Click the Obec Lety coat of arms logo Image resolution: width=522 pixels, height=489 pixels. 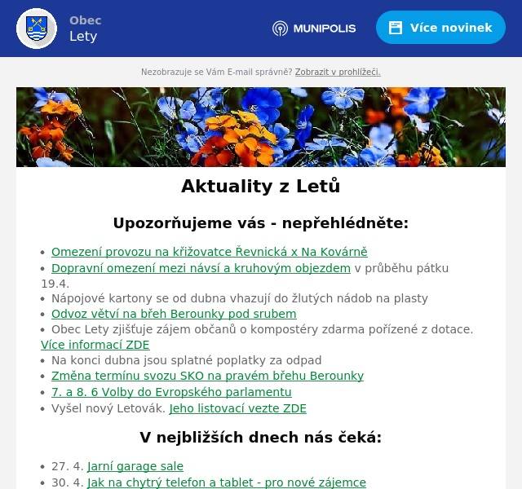point(37,29)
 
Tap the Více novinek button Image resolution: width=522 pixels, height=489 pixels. point(440,28)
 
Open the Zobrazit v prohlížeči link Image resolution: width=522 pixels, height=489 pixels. point(338,72)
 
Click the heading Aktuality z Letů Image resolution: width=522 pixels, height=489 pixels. point(260,187)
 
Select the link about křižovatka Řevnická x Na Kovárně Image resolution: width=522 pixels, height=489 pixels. point(210,253)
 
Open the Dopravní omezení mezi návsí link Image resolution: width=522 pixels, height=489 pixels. point(201,268)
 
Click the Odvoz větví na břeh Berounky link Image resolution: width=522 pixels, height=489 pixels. point(174,314)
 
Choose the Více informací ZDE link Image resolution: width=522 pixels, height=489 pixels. point(95,345)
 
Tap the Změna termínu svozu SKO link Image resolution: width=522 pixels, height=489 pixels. point(207,376)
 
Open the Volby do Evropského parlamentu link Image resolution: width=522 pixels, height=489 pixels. point(171,391)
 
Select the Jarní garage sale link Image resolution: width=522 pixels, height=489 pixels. point(135,467)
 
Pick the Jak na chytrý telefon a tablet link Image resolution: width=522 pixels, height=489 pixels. point(227,482)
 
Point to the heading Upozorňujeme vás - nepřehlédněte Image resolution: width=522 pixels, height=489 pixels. point(260,223)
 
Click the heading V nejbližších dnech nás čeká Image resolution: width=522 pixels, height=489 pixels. point(260,438)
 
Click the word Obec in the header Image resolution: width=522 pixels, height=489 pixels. point(85,20)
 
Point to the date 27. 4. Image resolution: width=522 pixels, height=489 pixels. point(68,467)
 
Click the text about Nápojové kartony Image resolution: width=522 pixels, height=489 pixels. point(239,299)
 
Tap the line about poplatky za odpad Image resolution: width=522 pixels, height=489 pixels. point(187,360)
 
